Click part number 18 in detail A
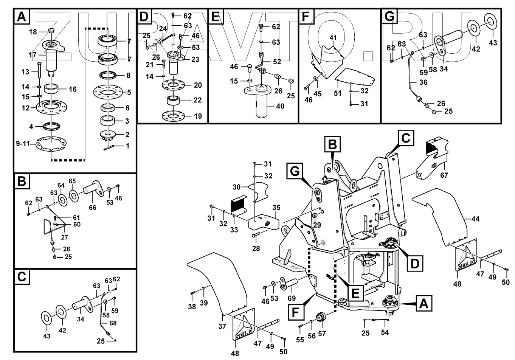click(x=33, y=32)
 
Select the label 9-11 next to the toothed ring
click(x=23, y=144)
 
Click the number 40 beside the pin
click(x=280, y=106)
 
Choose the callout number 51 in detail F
click(x=338, y=94)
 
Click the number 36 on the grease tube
click(x=423, y=82)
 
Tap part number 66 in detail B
click(x=93, y=207)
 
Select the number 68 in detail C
click(x=112, y=323)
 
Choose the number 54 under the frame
click(x=385, y=332)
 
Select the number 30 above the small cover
click(x=236, y=187)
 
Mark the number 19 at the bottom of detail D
click(x=198, y=116)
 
